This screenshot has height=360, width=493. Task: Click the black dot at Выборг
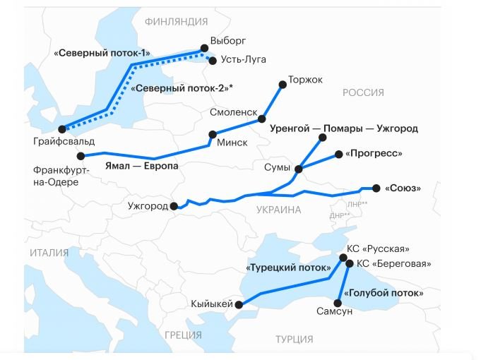tap(205, 48)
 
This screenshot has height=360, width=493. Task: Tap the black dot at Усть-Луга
tap(212, 61)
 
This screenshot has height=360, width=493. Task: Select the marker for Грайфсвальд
tap(62, 129)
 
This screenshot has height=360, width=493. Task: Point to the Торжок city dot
tap(283, 84)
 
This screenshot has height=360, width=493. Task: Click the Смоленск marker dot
tap(262, 119)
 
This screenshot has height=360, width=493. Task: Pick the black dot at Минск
tap(212, 134)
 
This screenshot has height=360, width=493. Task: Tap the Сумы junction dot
tap(299, 169)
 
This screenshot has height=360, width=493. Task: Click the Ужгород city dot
tap(174, 206)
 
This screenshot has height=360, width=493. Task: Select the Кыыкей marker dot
tap(239, 305)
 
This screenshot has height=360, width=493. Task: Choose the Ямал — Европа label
tap(138, 167)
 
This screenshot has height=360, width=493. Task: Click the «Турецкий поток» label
tap(288, 268)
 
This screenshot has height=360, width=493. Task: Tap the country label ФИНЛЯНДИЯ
tap(176, 22)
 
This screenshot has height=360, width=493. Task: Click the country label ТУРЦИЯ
tap(295, 338)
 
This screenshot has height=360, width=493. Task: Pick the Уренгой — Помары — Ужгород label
tap(344, 129)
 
